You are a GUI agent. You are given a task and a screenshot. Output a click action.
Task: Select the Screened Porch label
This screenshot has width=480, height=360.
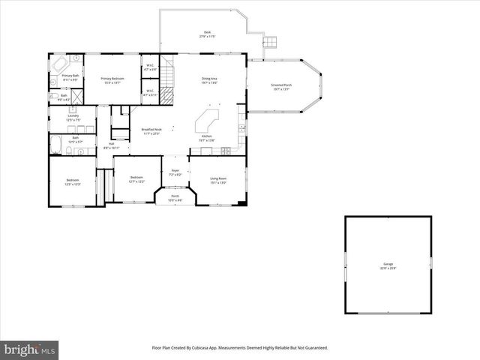click(x=281, y=85)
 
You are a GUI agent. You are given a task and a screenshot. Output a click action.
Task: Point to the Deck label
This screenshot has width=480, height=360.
click(x=207, y=32)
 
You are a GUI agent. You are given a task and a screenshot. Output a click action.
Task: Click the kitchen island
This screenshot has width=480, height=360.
click(x=206, y=121)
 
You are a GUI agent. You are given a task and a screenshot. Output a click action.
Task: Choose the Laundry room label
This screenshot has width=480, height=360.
click(x=73, y=116)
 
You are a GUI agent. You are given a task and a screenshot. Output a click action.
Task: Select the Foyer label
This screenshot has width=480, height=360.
click(x=175, y=172)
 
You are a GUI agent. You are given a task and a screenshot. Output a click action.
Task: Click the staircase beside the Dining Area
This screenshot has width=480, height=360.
click(x=169, y=75)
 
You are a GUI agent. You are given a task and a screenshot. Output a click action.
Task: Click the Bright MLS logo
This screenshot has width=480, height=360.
click(x=29, y=349)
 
